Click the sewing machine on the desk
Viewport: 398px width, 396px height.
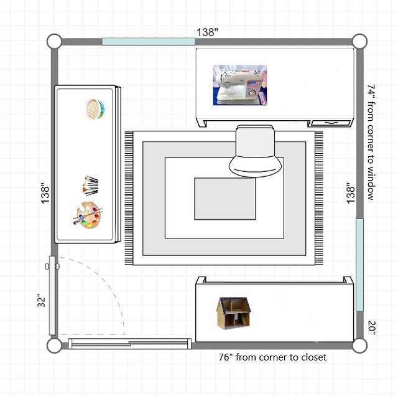pos(240,85)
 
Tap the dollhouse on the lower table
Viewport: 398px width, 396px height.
pos(234,313)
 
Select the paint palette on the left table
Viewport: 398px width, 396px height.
pos(88,215)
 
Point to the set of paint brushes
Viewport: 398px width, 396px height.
pos(90,186)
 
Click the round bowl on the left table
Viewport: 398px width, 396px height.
pos(95,109)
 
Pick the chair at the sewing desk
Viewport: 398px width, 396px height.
pos(255,151)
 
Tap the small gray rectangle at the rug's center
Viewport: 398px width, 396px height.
pos(225,199)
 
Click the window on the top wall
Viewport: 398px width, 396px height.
pos(149,42)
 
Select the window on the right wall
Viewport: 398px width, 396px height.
pos(359,265)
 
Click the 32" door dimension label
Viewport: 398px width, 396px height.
pos(42,301)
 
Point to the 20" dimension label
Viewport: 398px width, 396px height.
pos(372,328)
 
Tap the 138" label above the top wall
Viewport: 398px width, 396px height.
pos(207,32)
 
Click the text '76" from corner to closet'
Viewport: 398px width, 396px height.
pos(272,357)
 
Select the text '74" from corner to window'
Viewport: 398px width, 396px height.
pos(371,142)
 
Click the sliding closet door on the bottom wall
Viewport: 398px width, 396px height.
pos(129,344)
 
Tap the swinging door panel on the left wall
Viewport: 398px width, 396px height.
pos(52,295)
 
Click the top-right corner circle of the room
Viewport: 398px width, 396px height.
pos(359,41)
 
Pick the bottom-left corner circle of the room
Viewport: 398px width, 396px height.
pos(54,346)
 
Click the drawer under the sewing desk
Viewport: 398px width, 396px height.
pos(331,123)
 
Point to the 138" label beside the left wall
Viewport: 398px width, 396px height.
pos(45,193)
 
